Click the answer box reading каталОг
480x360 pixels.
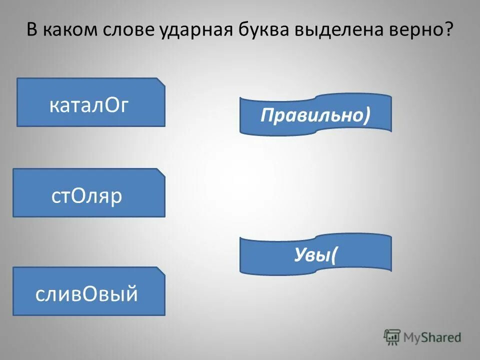click(x=90, y=102)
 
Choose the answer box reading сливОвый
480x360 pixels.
click(x=88, y=291)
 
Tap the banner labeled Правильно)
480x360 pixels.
click(x=315, y=115)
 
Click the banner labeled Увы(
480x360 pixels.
click(x=315, y=255)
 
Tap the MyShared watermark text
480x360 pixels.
click(x=432, y=337)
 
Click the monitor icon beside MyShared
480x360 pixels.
click(x=392, y=337)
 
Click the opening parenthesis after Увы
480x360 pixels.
click(x=333, y=255)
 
